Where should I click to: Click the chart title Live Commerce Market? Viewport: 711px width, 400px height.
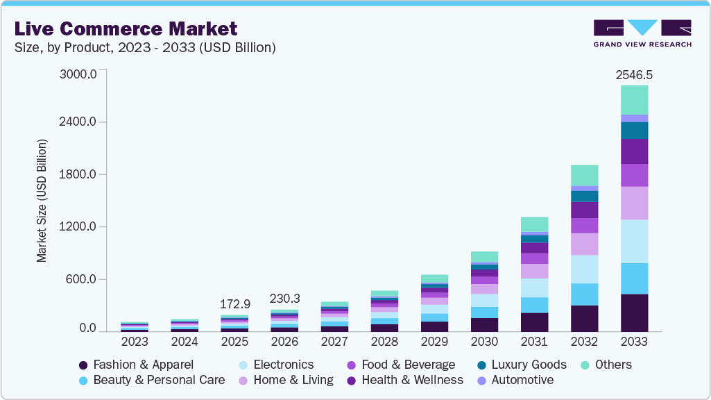[x=126, y=29]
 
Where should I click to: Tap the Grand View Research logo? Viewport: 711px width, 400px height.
[x=642, y=33]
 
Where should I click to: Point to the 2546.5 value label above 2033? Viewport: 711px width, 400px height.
[x=634, y=74]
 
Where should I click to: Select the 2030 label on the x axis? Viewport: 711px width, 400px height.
[x=484, y=342]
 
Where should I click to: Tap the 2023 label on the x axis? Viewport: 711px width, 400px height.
[x=135, y=342]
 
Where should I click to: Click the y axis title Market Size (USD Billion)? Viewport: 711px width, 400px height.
[x=42, y=201]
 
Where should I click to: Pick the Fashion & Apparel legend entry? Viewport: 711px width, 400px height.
[x=136, y=365]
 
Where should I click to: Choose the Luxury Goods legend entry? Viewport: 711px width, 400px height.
[x=522, y=365]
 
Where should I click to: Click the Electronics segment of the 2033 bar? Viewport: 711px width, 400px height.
[x=634, y=241]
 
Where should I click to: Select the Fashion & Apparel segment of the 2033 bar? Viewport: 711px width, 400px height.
[x=634, y=312]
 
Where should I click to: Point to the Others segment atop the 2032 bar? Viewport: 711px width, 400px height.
[x=584, y=175]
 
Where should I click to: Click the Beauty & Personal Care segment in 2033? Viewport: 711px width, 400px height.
[x=634, y=278]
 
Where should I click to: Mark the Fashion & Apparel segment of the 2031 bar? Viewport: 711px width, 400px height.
[x=534, y=322]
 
